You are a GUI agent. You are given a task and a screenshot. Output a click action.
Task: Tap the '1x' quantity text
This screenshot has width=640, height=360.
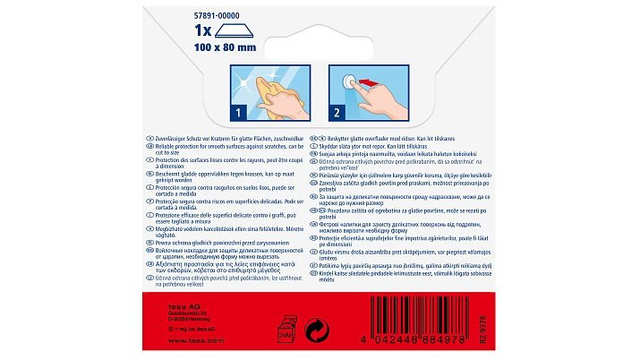click(203, 30)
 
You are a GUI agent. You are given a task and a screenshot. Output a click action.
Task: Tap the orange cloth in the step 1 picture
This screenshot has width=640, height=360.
click(260, 84)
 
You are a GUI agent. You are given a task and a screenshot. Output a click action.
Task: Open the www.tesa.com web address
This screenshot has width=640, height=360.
click(191, 340)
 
